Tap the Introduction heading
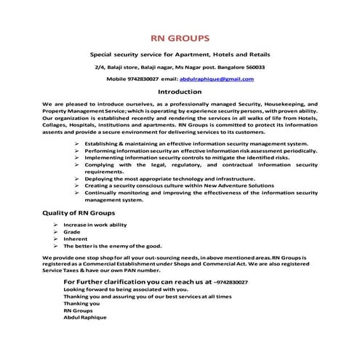point(180,92)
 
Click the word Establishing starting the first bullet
point(105,144)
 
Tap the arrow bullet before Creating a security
point(78,185)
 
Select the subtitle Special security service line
point(180,55)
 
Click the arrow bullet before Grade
point(55,232)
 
